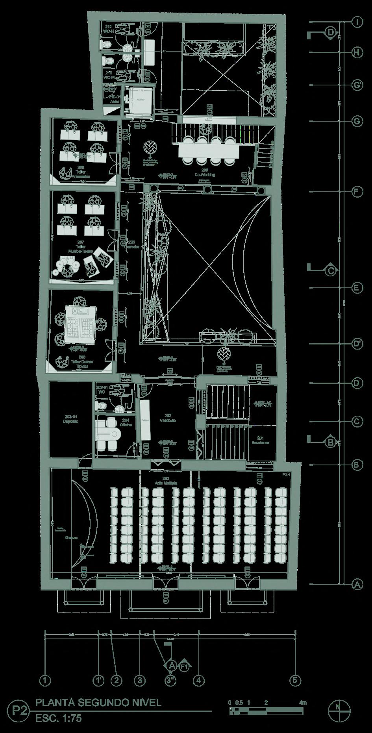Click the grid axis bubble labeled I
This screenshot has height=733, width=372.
(357, 22)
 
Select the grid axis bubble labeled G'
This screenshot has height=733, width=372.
(357, 85)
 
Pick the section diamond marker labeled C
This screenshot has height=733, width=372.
(331, 270)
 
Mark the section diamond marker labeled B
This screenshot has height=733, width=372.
(331, 442)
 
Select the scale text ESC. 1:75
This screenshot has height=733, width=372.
(58, 718)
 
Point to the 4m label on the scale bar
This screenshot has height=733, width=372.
(302, 703)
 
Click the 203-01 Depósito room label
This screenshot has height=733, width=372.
(71, 418)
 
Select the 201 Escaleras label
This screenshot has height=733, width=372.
(260, 440)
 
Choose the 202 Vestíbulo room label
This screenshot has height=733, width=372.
(168, 418)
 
